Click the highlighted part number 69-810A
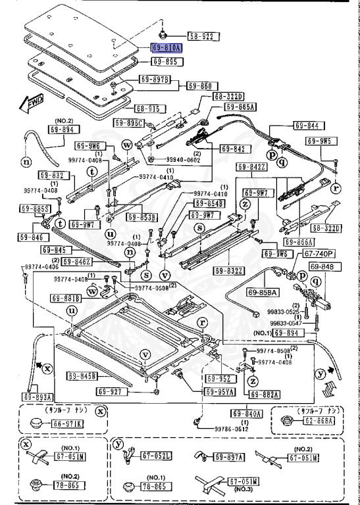(x=166, y=48)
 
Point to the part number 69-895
(x=165, y=61)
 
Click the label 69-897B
(x=155, y=80)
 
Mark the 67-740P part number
(x=319, y=253)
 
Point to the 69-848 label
(x=322, y=266)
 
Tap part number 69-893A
(x=38, y=396)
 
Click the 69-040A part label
(x=247, y=414)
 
